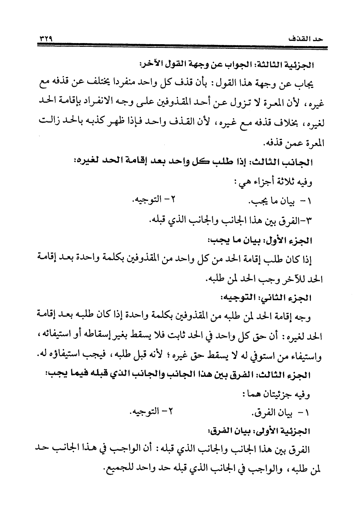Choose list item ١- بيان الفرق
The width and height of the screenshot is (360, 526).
click(281, 413)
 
